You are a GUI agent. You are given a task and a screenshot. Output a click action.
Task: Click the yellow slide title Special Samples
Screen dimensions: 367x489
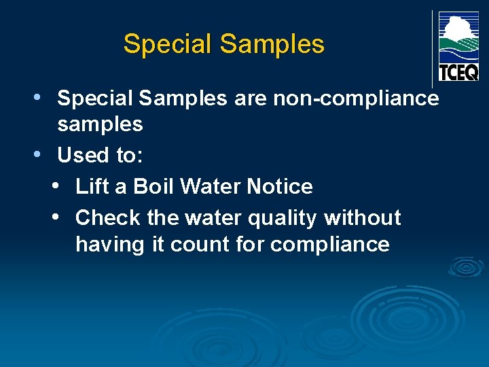tap(223, 44)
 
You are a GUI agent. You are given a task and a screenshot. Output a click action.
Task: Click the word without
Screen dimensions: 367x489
tap(363, 218)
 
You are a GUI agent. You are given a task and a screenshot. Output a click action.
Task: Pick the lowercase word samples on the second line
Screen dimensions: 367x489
tap(100, 125)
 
